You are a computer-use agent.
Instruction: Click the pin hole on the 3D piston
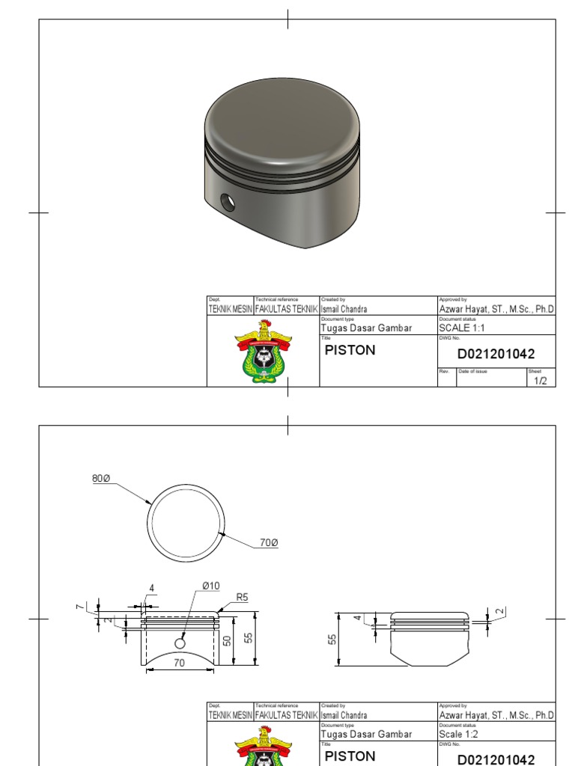(227, 201)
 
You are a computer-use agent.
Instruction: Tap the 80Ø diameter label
(101, 478)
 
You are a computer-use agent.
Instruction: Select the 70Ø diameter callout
(269, 542)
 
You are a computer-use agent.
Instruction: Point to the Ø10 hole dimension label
(211, 585)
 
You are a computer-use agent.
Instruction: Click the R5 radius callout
(242, 597)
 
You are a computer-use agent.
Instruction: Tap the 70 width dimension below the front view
(180, 663)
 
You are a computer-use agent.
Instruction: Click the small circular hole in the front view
(180, 643)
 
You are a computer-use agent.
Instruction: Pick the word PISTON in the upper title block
(350, 350)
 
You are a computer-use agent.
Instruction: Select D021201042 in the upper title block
(496, 354)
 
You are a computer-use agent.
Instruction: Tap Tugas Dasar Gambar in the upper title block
(366, 328)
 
